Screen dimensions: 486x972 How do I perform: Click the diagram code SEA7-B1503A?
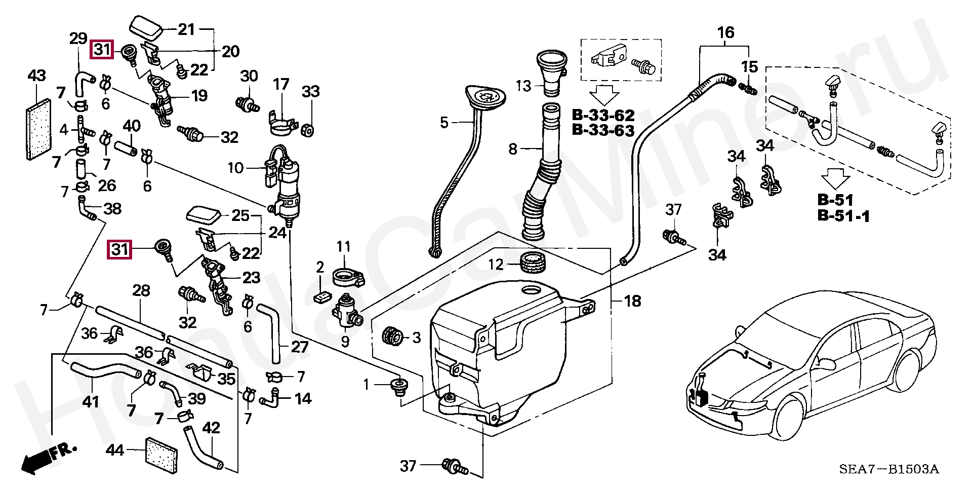coord(889,469)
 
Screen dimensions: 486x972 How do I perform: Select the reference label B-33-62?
coord(603,115)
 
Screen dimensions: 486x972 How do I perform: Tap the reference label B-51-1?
coord(843,216)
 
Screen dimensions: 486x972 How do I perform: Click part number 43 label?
coord(36,76)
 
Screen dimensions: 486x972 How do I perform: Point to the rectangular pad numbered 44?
coord(161,455)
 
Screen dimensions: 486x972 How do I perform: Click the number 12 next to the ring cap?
coord(496,264)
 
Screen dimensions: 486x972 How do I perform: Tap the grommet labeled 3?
coord(393,337)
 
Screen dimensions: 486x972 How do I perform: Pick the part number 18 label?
coord(632,301)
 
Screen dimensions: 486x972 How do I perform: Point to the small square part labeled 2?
coord(320,297)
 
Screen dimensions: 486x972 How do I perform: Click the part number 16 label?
coord(725,33)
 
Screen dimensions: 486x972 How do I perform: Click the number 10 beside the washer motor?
coord(236,168)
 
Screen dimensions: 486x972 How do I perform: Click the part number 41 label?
coord(91,401)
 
